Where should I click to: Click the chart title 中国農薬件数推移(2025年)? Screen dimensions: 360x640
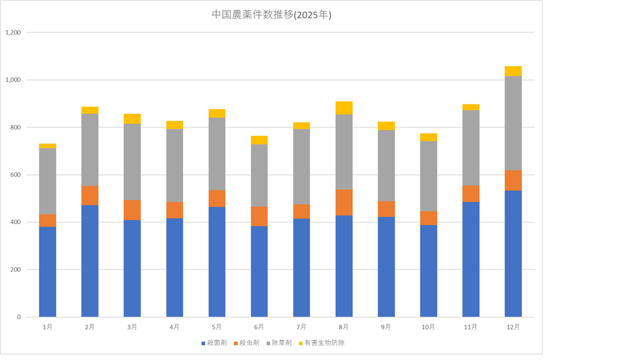coord(272,15)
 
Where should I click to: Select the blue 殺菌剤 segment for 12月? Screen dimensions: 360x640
coord(513,253)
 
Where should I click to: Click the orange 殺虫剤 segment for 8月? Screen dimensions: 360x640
coord(344,202)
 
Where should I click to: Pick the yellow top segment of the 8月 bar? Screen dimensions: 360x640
coord(344,108)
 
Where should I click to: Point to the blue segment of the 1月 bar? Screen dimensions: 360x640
coord(48,272)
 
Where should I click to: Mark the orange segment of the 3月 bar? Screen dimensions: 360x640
coord(132,210)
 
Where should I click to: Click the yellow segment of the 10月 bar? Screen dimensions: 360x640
coord(428,137)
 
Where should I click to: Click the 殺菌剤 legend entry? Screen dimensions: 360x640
coord(214,343)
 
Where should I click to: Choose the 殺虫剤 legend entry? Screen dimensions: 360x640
coord(247,343)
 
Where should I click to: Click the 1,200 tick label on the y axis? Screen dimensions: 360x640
coord(13,32)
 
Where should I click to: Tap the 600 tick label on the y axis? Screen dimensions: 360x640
coord(16,175)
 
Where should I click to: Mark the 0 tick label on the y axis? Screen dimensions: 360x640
coord(19,317)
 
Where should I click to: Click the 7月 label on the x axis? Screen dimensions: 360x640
coord(301,327)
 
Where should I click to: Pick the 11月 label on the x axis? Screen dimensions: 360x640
coord(471,327)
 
